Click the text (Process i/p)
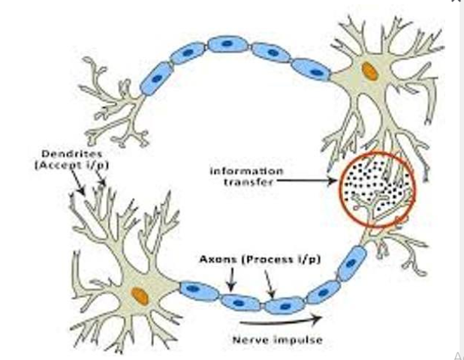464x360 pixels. (281, 259)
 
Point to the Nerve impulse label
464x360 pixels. (277, 340)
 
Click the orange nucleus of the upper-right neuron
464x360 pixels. (369, 71)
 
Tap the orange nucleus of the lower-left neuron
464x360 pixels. (140, 295)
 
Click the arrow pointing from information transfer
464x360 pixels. (308, 181)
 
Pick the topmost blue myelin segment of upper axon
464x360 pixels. (227, 44)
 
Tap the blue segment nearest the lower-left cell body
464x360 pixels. (199, 289)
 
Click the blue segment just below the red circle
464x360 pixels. (351, 263)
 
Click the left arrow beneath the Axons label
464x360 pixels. (231, 280)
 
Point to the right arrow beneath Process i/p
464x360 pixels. (270, 285)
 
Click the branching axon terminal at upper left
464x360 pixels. (113, 105)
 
